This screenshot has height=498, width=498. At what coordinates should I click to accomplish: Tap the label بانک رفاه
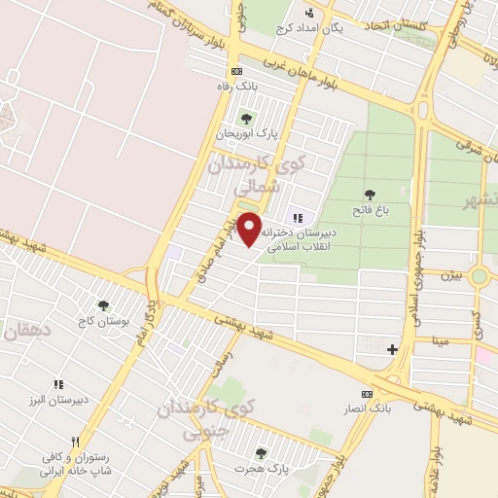(x=237, y=87)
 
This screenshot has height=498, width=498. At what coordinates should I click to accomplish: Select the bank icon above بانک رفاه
(x=237, y=72)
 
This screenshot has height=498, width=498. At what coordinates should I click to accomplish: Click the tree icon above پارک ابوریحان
(x=245, y=118)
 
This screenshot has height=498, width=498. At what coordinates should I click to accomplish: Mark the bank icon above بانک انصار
(x=367, y=394)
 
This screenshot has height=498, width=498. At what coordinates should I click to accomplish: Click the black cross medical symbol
(x=392, y=349)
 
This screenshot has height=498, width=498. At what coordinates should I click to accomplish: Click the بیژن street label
(x=450, y=276)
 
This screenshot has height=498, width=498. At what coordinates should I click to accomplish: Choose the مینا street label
(x=441, y=342)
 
